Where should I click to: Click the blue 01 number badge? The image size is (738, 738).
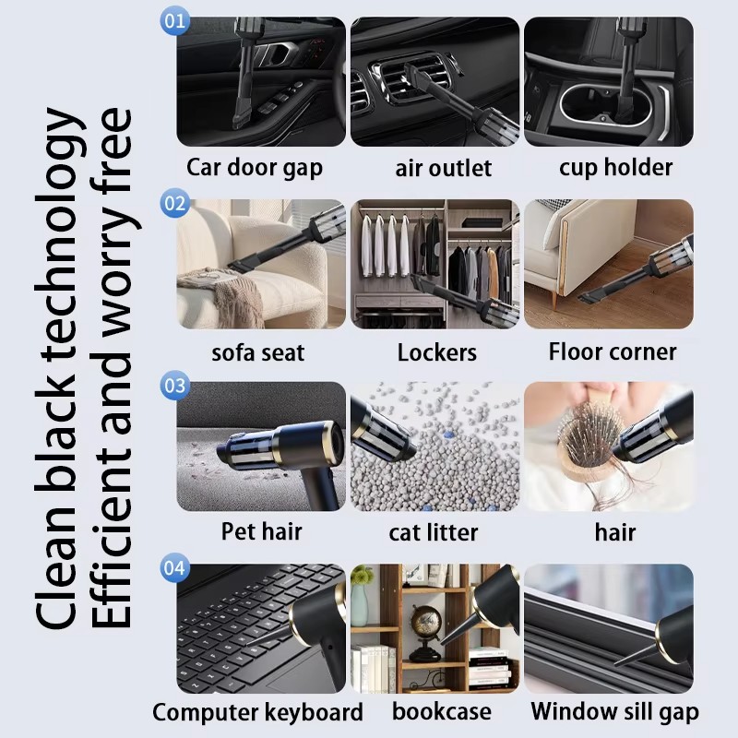pyautogui.click(x=174, y=20)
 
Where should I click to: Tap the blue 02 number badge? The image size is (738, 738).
pyautogui.click(x=174, y=203)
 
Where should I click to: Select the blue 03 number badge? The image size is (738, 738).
pyautogui.click(x=174, y=386)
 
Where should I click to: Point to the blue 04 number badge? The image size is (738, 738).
pyautogui.click(x=174, y=567)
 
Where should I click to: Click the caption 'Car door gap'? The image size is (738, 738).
pyautogui.click(x=255, y=168)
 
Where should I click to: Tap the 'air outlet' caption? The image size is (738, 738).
pyautogui.click(x=444, y=168)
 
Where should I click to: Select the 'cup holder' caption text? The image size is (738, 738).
pyautogui.click(x=615, y=168)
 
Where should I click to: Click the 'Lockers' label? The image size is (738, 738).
pyautogui.click(x=436, y=352)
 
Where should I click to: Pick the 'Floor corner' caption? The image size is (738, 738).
pyautogui.click(x=613, y=351)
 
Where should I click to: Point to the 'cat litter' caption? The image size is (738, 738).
pyautogui.click(x=434, y=532)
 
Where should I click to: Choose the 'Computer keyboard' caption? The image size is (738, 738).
pyautogui.click(x=257, y=712)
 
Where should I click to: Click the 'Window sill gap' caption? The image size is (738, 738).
pyautogui.click(x=614, y=711)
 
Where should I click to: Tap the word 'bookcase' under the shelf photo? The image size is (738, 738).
pyautogui.click(x=442, y=711)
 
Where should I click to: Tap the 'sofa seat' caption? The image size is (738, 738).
pyautogui.click(x=258, y=352)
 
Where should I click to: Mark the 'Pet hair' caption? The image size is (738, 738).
pyautogui.click(x=261, y=531)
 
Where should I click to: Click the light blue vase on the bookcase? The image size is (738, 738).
pyautogui.click(x=359, y=598)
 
